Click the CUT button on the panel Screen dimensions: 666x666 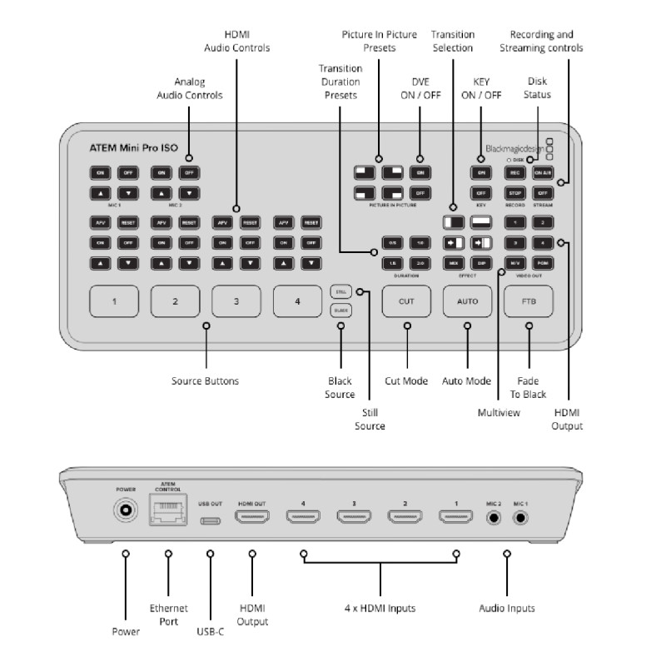click(x=407, y=301)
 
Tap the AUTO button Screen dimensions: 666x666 click(x=467, y=301)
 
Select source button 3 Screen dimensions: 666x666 click(x=236, y=301)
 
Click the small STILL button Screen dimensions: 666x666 click(x=340, y=292)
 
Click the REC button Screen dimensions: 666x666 click(x=515, y=172)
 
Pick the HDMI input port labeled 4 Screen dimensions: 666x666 click(x=304, y=517)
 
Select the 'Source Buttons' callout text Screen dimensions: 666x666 click(x=205, y=381)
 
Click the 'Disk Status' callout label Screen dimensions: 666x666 click(x=539, y=87)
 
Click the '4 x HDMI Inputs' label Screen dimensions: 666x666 click(x=380, y=609)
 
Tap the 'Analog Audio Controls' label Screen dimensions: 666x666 click(x=190, y=89)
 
